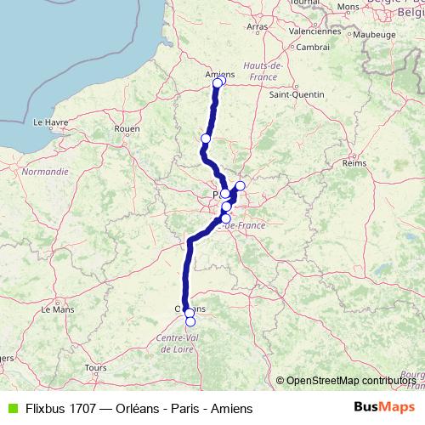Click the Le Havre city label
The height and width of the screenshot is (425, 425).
tap(50, 122)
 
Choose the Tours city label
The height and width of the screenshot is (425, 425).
tap(94, 367)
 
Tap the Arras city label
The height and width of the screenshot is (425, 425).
tap(257, 27)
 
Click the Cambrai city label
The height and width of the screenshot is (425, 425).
tap(313, 47)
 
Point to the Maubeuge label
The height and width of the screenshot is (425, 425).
tap(374, 35)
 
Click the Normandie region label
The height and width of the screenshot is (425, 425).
tap(43, 171)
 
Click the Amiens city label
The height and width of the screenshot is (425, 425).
tap(219, 74)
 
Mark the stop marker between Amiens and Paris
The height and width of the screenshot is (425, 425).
tap(206, 139)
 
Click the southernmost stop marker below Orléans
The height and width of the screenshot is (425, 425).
tap(190, 321)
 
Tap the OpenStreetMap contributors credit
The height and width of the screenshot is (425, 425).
tap(350, 381)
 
